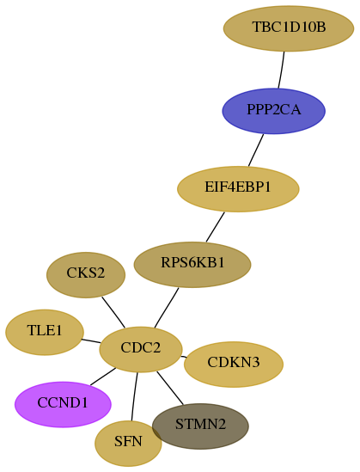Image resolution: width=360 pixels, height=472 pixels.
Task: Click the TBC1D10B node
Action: (x=289, y=28)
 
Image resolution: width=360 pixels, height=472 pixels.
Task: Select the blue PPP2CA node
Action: (x=274, y=111)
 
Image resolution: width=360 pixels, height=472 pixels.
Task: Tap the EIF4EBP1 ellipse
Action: (x=238, y=189)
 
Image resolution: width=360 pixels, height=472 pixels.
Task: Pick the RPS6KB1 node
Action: (x=192, y=264)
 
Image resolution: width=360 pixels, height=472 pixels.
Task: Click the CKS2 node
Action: (x=86, y=275)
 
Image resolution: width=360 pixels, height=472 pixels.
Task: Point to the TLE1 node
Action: (x=45, y=332)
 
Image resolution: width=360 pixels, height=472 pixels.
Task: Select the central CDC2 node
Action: (x=141, y=349)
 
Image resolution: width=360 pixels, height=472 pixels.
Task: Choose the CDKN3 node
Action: (x=234, y=364)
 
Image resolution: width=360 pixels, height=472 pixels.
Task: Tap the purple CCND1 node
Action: (x=63, y=404)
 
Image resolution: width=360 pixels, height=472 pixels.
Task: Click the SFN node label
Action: (x=128, y=442)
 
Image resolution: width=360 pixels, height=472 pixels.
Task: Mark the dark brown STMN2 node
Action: (x=200, y=426)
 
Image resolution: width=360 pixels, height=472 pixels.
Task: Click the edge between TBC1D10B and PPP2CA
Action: (x=282, y=70)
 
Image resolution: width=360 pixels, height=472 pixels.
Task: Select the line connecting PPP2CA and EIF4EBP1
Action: (x=256, y=150)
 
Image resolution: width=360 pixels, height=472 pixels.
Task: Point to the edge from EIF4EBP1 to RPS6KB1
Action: (x=216, y=227)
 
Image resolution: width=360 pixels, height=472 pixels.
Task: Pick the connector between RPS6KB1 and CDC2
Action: (x=167, y=308)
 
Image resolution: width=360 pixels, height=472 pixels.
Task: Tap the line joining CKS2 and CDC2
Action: (x=113, y=312)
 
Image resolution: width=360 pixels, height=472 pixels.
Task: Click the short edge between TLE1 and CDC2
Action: (x=91, y=341)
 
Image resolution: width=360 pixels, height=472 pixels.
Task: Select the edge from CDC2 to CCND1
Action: (x=102, y=377)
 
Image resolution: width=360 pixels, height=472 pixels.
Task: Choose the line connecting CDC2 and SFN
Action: (x=134, y=396)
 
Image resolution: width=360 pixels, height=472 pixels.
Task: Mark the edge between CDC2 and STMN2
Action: (x=170, y=388)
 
